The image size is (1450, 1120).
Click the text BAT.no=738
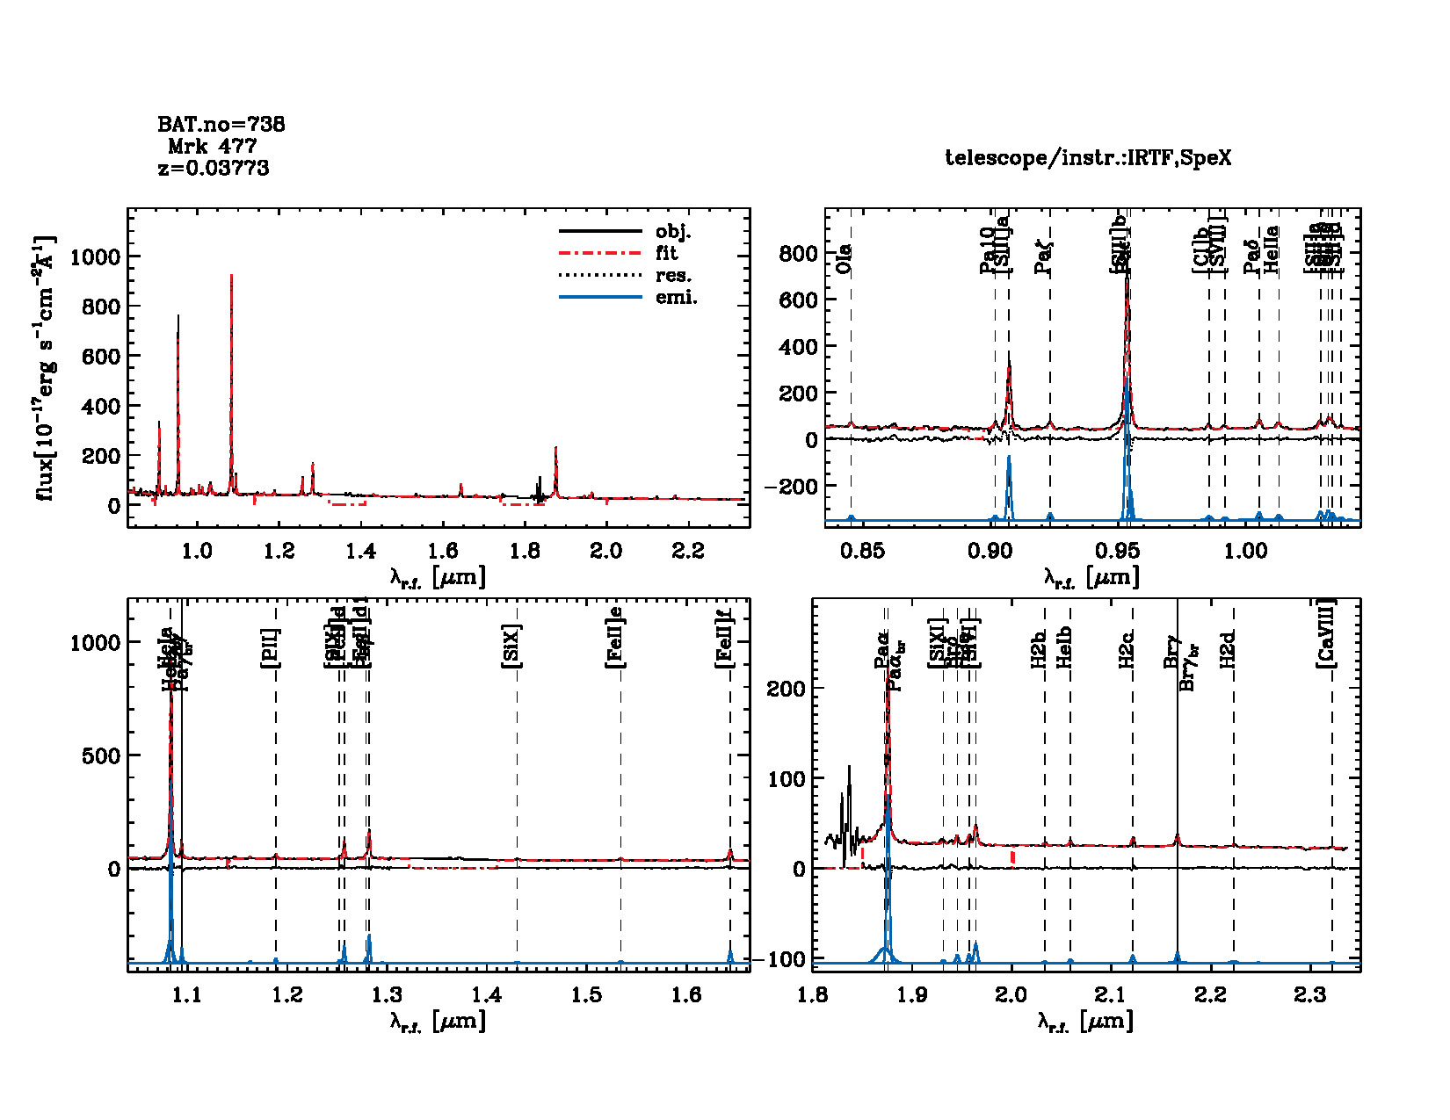click(221, 125)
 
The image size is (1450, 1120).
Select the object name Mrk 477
click(213, 146)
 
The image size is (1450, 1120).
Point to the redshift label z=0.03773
click(214, 168)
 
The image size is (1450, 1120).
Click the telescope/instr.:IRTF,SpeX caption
click(1088, 158)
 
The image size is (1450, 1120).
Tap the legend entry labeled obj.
click(673, 232)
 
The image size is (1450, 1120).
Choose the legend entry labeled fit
click(667, 253)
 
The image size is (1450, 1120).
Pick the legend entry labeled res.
click(673, 275)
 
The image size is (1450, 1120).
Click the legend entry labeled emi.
click(677, 297)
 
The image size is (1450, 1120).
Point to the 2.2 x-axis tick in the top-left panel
click(688, 551)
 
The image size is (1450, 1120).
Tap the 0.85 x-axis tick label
click(862, 551)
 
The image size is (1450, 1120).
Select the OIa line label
click(844, 258)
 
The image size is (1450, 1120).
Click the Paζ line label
click(1043, 257)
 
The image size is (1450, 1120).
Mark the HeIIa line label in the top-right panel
click(1272, 249)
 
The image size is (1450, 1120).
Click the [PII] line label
click(270, 648)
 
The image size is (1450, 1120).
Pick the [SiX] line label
click(511, 647)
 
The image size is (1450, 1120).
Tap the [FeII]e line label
click(616, 638)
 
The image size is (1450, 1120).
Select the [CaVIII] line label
click(1326, 633)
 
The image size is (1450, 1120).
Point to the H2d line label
click(1229, 648)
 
